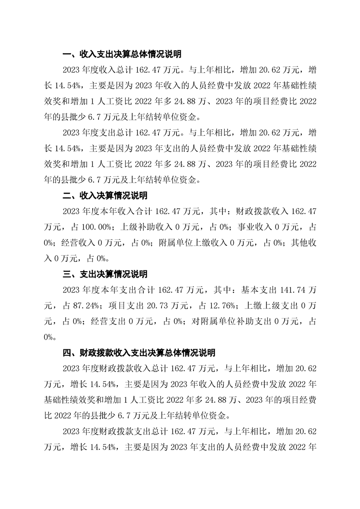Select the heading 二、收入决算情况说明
104,196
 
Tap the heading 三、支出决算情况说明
104,274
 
